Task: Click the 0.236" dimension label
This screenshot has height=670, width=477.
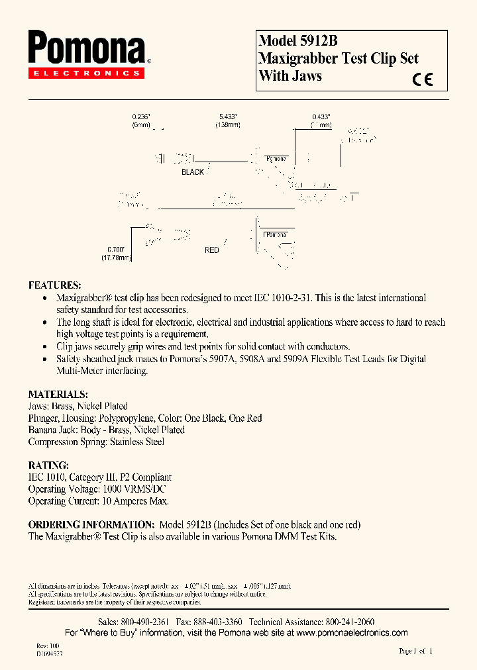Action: tap(141, 116)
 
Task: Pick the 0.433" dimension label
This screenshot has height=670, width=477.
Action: tap(321, 116)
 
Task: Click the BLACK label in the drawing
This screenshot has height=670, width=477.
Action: tap(193, 172)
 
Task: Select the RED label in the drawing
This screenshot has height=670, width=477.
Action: tap(212, 250)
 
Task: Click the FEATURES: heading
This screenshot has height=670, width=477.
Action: tap(55, 285)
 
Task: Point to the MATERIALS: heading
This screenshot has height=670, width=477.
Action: tap(58, 394)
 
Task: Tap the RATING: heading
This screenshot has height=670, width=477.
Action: tap(48, 465)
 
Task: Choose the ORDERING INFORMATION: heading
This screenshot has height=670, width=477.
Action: tap(91, 524)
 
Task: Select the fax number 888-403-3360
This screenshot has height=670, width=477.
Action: tap(217, 622)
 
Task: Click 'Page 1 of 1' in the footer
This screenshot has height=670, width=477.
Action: tap(415, 651)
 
